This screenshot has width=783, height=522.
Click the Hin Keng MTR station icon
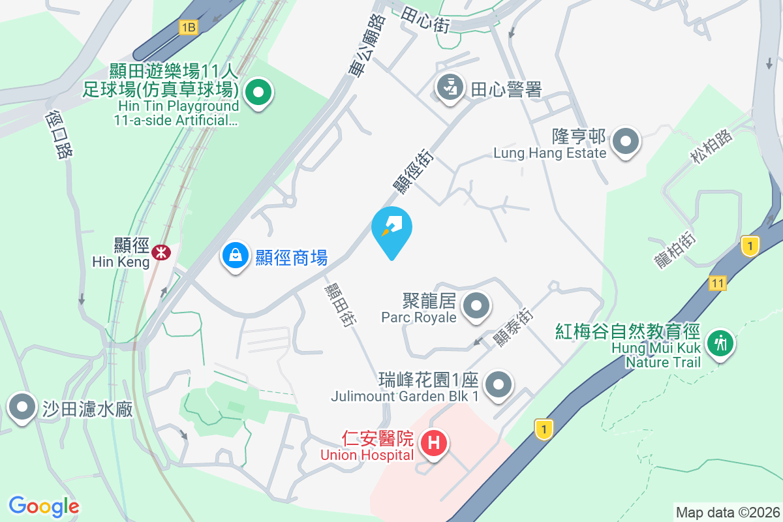click(159, 251)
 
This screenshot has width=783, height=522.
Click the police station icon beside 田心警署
click(449, 87)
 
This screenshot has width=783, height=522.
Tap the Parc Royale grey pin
click(476, 305)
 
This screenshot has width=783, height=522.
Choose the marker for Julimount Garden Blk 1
click(500, 383)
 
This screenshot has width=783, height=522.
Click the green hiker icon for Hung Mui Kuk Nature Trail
click(720, 342)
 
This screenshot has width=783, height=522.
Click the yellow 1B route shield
click(188, 27)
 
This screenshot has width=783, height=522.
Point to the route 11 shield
click(718, 282)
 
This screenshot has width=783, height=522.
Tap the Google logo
click(44, 506)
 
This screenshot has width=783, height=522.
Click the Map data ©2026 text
click(727, 512)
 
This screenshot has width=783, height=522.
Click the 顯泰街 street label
click(512, 326)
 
